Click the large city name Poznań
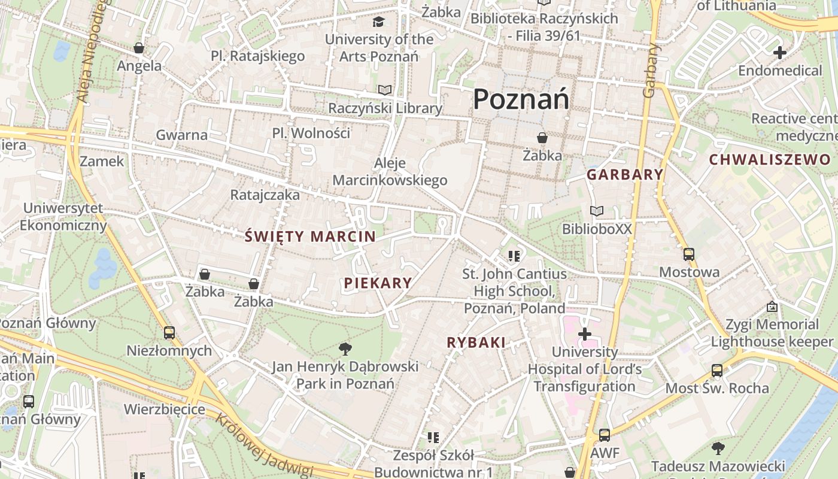(521, 99)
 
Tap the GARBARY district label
(625, 175)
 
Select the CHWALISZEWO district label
(770, 159)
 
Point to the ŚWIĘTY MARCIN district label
(310, 237)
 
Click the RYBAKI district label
(476, 342)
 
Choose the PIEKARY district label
(378, 283)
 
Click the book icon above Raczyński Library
(385, 90)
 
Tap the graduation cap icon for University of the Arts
(378, 22)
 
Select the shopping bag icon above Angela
(139, 48)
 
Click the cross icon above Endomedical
(779, 53)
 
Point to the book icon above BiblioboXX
(597, 211)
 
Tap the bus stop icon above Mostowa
(688, 254)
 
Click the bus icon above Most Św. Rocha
(716, 370)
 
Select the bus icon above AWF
(605, 435)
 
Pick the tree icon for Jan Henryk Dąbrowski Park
(345, 348)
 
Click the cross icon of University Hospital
(585, 334)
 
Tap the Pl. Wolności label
(311, 133)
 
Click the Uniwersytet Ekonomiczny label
(63, 217)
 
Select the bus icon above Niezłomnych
(169, 332)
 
